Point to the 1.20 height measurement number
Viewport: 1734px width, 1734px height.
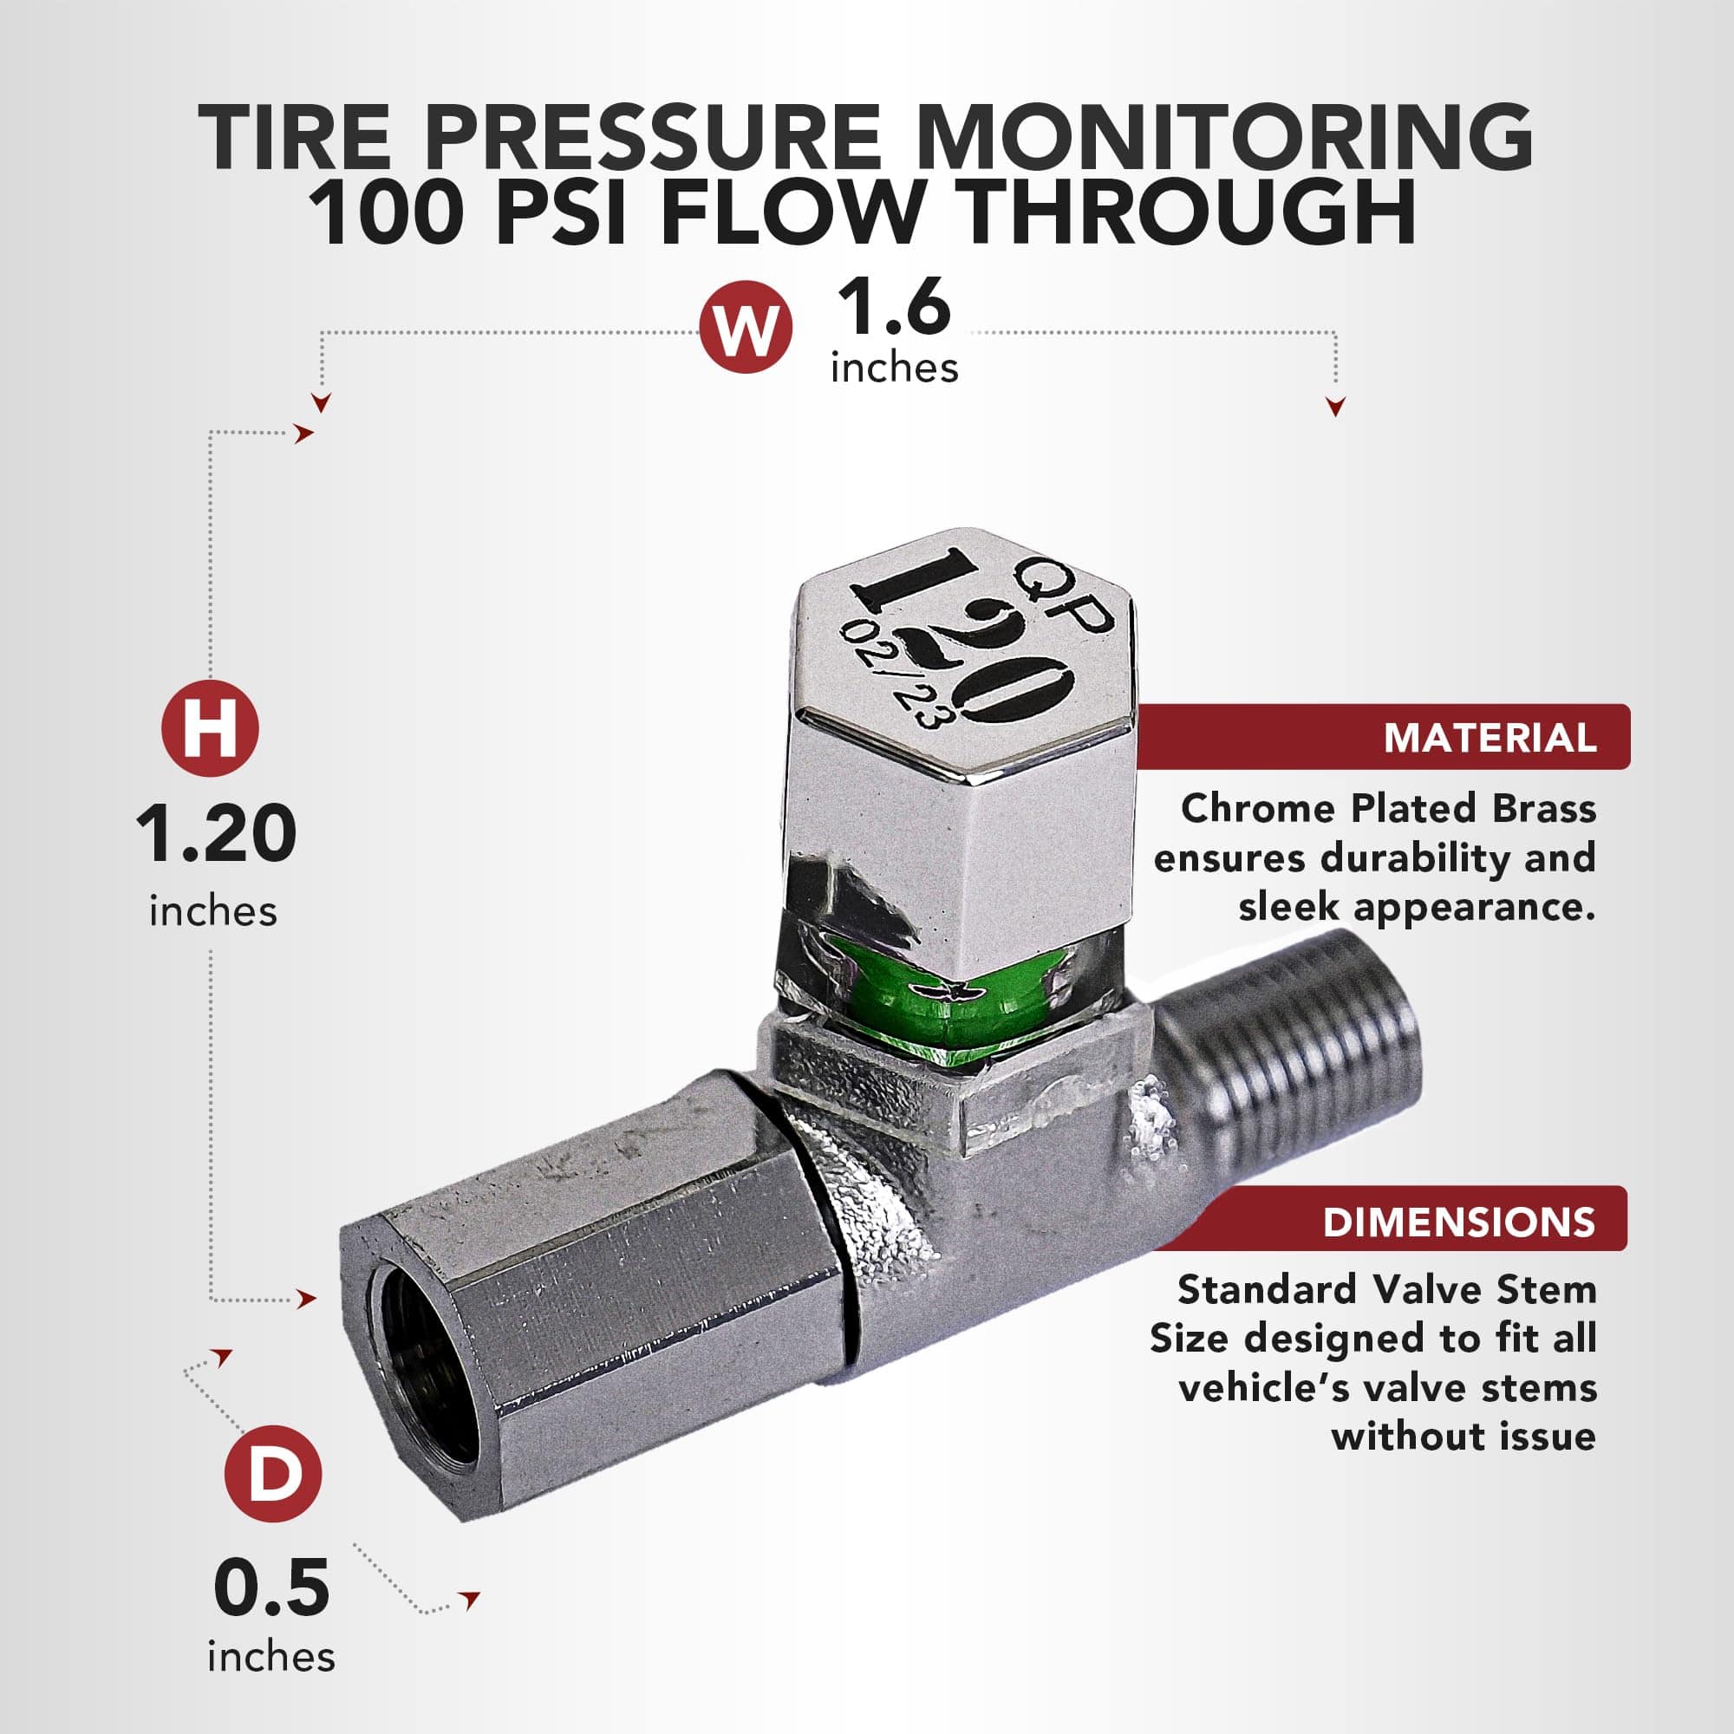click(x=216, y=834)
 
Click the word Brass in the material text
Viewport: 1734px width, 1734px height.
click(x=1545, y=809)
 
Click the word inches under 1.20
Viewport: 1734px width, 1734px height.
click(x=213, y=912)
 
